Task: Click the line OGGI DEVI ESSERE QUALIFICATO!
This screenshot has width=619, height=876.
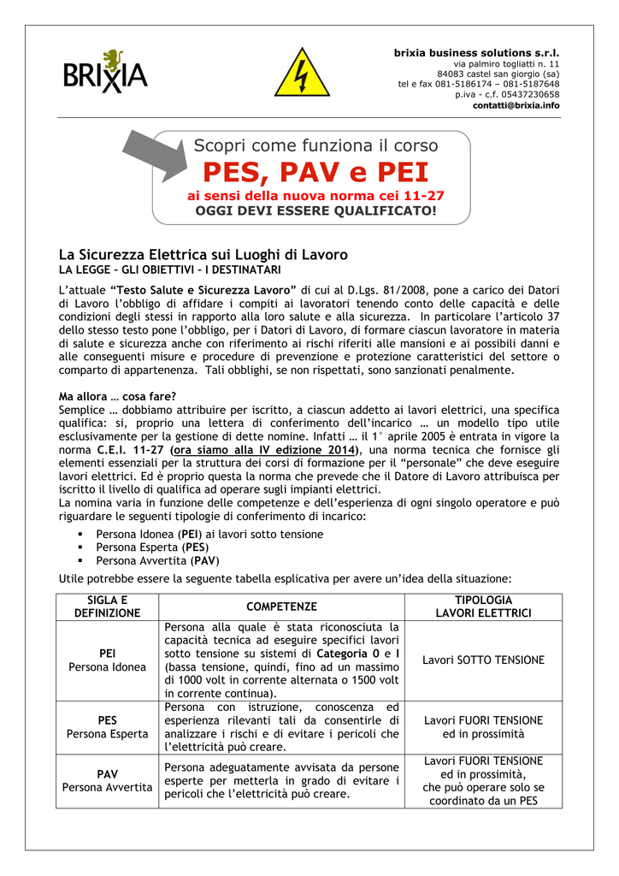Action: [x=315, y=210]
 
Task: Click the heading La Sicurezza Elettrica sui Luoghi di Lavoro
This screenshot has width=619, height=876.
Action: [x=203, y=255]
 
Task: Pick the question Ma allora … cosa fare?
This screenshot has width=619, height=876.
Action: [x=117, y=396]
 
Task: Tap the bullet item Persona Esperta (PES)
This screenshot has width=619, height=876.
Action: [x=152, y=547]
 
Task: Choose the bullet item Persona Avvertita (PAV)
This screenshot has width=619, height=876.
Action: [x=157, y=561]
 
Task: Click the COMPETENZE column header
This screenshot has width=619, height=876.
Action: [x=281, y=607]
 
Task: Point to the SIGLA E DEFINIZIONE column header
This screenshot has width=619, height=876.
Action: [x=108, y=607]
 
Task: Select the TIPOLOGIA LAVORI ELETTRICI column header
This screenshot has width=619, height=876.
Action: [x=484, y=607]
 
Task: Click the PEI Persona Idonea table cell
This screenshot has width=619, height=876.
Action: [x=108, y=660]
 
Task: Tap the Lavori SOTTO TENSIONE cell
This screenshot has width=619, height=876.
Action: [x=484, y=660]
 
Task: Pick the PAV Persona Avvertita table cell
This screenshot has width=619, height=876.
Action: [x=108, y=780]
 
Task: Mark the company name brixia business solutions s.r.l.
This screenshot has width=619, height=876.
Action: [x=476, y=53]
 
